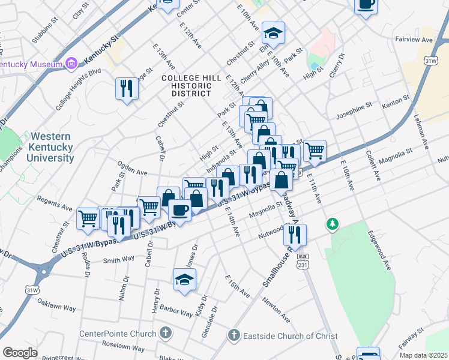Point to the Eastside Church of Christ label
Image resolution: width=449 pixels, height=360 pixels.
pyautogui.click(x=291, y=337)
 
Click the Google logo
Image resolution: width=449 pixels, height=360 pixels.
pyautogui.click(x=20, y=353)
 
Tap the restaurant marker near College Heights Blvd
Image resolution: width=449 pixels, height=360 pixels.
pyautogui.click(x=127, y=88)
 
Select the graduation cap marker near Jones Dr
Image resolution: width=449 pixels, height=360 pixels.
pyautogui.click(x=185, y=279)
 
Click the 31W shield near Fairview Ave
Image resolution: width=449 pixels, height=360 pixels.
pyautogui.click(x=430, y=61)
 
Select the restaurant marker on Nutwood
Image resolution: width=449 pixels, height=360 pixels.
pyautogui.click(x=295, y=235)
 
